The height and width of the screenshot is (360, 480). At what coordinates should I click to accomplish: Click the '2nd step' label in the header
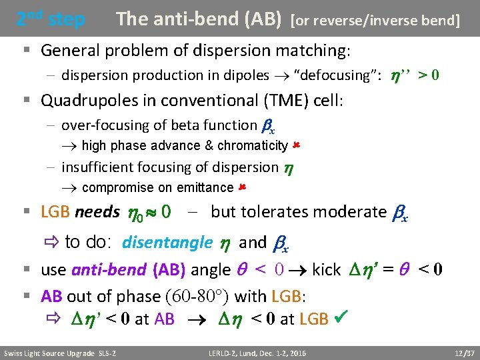click(51, 19)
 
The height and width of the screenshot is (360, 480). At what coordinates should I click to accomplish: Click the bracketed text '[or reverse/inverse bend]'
click(375, 21)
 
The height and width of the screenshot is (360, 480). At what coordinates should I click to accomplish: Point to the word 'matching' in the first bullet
click(309, 50)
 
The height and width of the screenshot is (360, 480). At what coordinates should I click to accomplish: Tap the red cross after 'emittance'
click(242, 187)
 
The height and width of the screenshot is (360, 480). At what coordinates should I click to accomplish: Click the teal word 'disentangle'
click(167, 243)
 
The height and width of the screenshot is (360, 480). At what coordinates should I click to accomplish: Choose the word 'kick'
click(327, 271)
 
